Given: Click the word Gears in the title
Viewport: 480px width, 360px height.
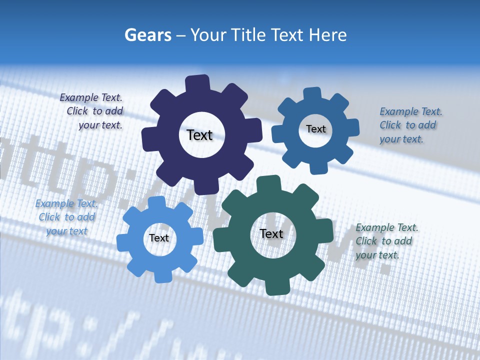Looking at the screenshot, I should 147,35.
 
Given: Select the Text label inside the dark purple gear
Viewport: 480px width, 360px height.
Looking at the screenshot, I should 199,135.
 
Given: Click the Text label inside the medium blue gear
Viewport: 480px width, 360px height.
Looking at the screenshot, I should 315,129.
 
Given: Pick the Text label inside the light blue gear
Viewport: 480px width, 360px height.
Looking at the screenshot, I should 159,238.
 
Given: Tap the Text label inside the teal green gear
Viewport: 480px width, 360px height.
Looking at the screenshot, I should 271,233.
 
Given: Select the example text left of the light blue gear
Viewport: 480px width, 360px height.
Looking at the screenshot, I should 66,217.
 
